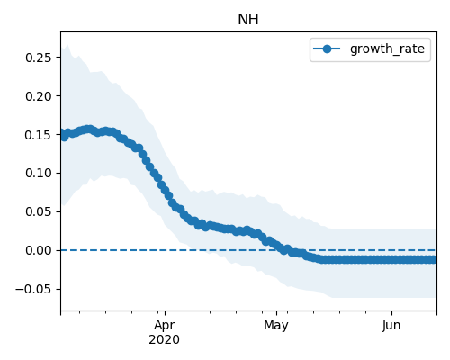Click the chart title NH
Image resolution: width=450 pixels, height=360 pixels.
tap(248, 20)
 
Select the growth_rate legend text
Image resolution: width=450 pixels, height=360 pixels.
tap(387, 49)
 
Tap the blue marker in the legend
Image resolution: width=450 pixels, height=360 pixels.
tap(327, 49)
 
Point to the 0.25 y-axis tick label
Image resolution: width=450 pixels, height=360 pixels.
tap(38, 58)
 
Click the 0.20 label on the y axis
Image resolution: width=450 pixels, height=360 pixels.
tap(38, 96)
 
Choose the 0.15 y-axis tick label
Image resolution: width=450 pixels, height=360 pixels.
tap(38, 135)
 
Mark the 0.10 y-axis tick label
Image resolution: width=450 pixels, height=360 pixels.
tap(38, 173)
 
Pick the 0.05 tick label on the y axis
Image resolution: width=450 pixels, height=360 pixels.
tap(38, 211)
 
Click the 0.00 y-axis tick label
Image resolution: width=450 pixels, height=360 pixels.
tap(38, 250)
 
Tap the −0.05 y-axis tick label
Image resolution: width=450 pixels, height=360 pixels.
tap(33, 289)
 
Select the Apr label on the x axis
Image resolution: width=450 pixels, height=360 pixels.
tap(165, 326)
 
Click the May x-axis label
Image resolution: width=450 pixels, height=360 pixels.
tap(276, 326)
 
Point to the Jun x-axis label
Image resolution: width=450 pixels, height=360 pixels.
tap(391, 325)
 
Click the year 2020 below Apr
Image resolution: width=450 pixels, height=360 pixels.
tap(165, 340)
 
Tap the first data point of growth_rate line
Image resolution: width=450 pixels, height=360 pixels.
tap(62, 134)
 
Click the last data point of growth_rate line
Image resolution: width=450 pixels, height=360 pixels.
tap(435, 260)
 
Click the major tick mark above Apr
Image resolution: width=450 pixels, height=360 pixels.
tap(165, 313)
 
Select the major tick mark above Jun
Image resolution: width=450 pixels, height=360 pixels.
tap(391, 313)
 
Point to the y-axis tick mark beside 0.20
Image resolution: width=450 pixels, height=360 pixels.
tap(58, 96)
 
